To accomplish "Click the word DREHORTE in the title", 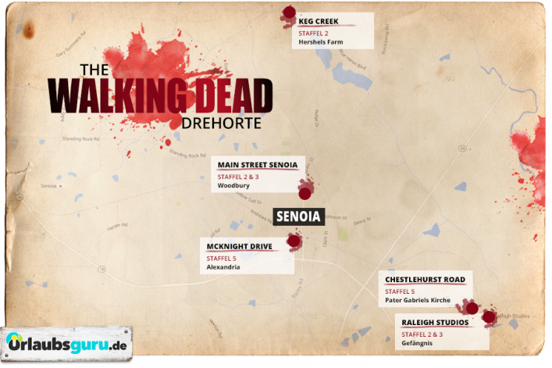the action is tap(220, 123).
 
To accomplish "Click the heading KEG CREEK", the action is tap(318, 21).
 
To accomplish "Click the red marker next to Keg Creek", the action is tap(290, 13).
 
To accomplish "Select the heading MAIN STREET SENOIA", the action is tap(258, 165).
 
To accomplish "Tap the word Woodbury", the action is tap(233, 187).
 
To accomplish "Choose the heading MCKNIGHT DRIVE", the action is tap(240, 246).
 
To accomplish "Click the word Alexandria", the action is tap(223, 267).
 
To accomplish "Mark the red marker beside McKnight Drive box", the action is tap(294, 241).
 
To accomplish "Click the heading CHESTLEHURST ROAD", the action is tap(425, 279).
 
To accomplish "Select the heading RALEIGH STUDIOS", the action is tap(435, 322).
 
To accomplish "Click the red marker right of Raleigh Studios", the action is tap(489, 317).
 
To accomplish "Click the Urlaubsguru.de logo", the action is tap(66, 343).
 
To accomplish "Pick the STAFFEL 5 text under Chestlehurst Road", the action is tap(400, 291).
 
